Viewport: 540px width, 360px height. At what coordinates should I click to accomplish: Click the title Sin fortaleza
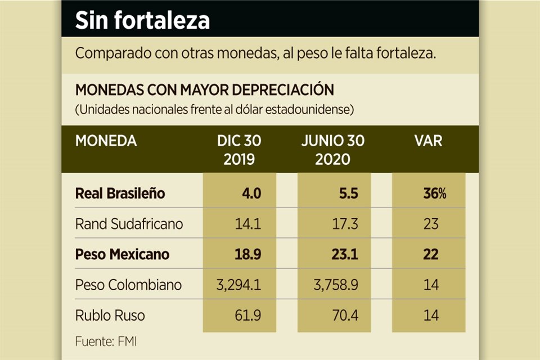(142, 21)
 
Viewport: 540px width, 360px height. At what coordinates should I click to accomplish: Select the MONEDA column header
(106, 141)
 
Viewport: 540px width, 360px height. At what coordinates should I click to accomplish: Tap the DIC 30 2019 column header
(239, 150)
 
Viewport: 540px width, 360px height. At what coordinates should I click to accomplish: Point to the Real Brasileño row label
(120, 193)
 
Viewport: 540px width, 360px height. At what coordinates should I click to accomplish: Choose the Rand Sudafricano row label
(129, 224)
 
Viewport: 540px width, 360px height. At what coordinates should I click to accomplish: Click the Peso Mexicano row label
(122, 254)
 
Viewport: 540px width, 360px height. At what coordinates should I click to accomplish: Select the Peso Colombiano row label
(128, 285)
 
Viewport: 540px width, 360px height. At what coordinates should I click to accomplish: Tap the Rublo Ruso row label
(110, 315)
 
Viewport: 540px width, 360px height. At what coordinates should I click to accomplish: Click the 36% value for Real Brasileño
(434, 193)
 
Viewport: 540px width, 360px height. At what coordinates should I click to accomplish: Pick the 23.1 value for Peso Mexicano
(345, 254)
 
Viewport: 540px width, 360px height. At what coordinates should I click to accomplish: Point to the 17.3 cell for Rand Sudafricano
(345, 224)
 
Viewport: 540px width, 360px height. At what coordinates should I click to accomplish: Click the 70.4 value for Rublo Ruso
(345, 315)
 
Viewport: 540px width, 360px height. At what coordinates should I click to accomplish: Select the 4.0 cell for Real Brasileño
(251, 193)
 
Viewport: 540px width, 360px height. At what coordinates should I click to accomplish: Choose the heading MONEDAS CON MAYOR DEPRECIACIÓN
(204, 90)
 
